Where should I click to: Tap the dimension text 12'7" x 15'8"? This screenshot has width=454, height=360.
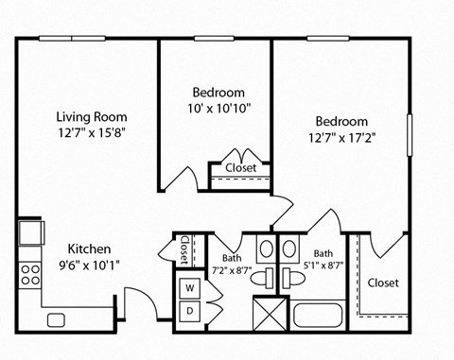(91, 132)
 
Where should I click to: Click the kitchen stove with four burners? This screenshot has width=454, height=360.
(30, 274)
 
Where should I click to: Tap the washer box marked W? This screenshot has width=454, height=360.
(188, 287)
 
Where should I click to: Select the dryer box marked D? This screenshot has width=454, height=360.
(188, 310)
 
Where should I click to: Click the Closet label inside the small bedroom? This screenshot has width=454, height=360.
(240, 168)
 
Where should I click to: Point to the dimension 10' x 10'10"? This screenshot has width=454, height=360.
(219, 109)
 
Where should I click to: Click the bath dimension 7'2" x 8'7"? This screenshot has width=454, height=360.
(232, 269)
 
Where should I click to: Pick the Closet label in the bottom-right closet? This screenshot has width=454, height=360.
(383, 283)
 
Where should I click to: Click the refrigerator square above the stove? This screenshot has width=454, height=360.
(29, 232)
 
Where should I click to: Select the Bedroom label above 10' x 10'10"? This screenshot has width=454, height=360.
(218, 93)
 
